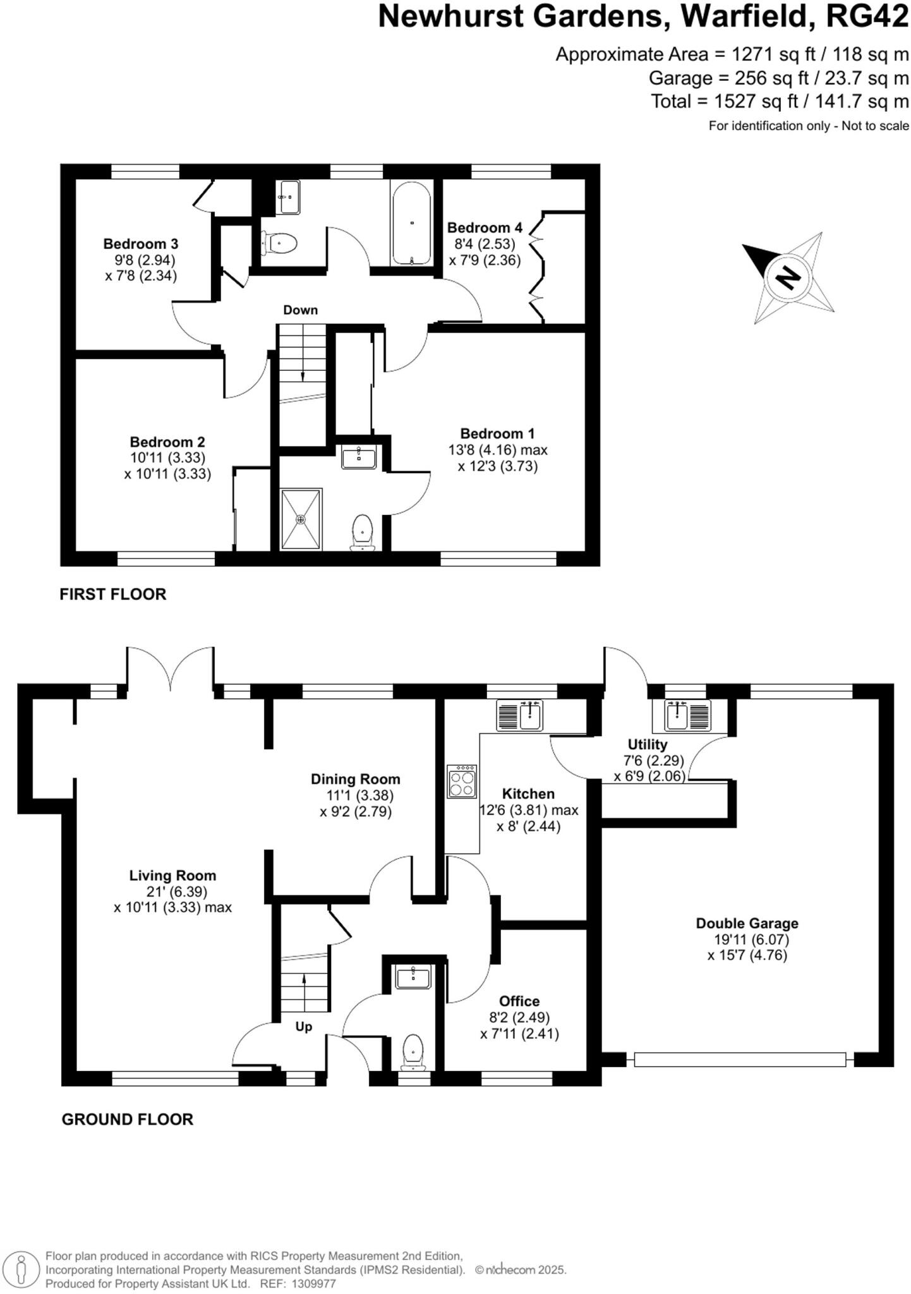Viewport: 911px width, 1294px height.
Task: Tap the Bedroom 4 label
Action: click(x=485, y=227)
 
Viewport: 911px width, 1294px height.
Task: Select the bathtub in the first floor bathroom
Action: click(x=411, y=222)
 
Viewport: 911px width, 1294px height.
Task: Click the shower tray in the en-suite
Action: click(x=301, y=519)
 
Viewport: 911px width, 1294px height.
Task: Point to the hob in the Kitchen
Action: click(x=462, y=781)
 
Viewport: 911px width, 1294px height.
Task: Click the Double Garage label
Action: click(x=747, y=923)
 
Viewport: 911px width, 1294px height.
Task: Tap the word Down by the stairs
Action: click(x=300, y=310)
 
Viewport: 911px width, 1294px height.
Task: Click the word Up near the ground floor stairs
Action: click(x=304, y=1027)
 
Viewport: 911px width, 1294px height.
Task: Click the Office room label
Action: click(x=519, y=1001)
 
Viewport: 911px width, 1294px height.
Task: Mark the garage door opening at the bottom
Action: click(x=739, y=1059)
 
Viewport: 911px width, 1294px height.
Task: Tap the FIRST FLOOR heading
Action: click(x=113, y=594)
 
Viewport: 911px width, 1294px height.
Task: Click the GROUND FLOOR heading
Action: click(x=127, y=1119)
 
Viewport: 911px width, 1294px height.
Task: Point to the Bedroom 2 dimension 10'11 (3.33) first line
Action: click(x=167, y=457)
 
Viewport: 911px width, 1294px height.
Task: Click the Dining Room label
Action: click(x=355, y=779)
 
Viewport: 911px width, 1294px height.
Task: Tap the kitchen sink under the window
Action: click(x=520, y=715)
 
